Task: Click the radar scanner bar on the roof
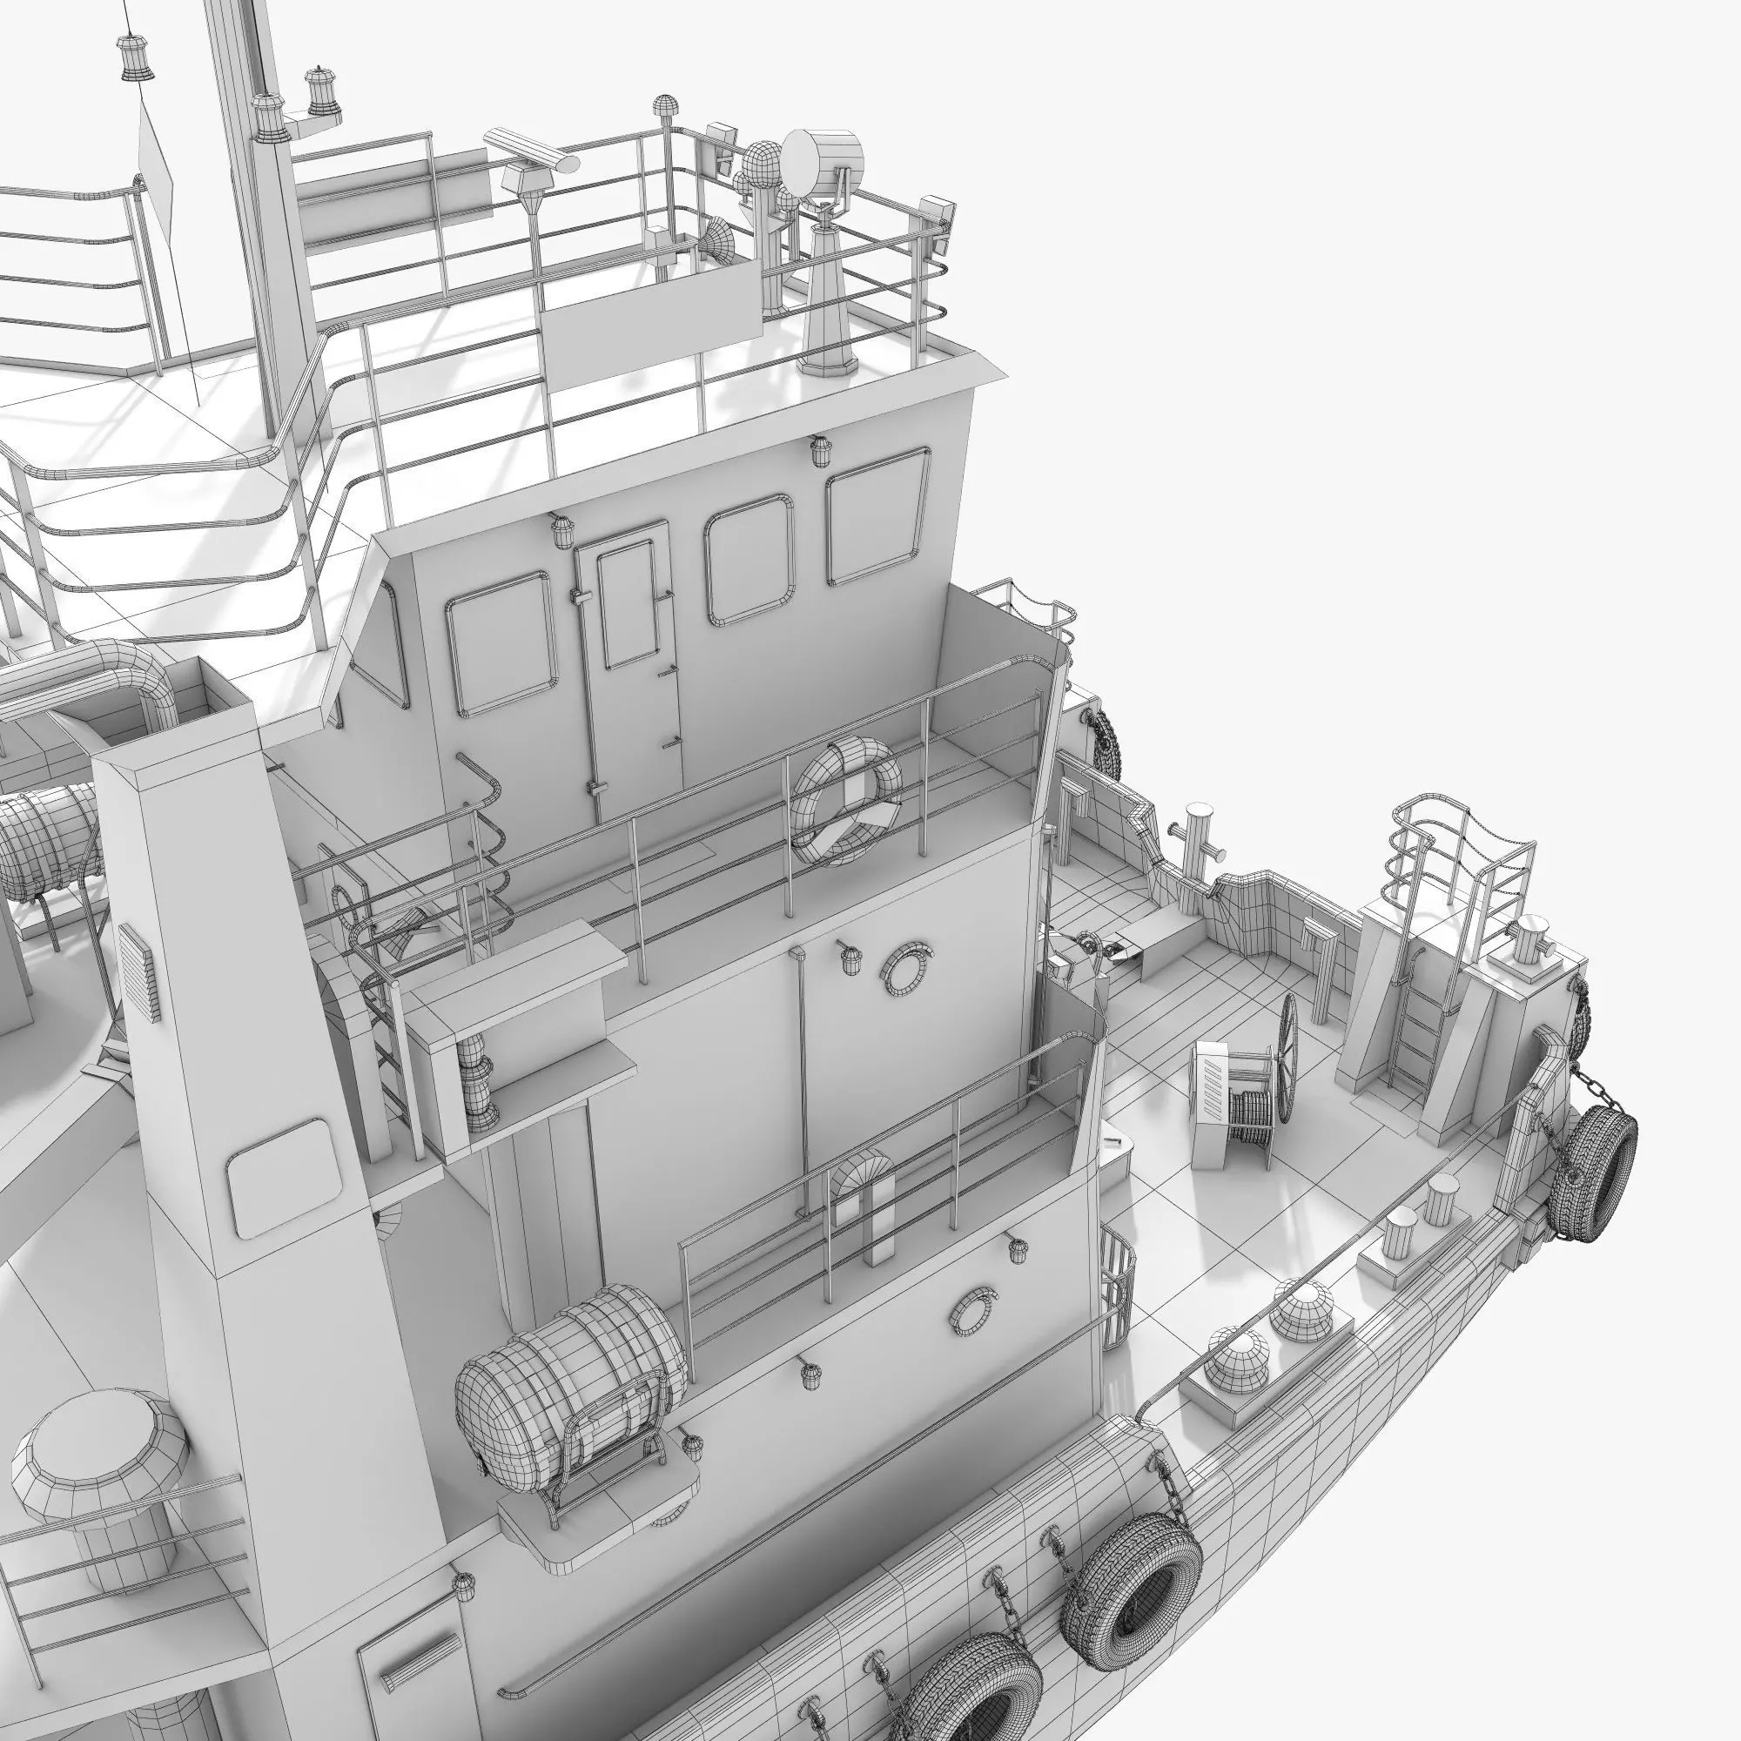point(531,151)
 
